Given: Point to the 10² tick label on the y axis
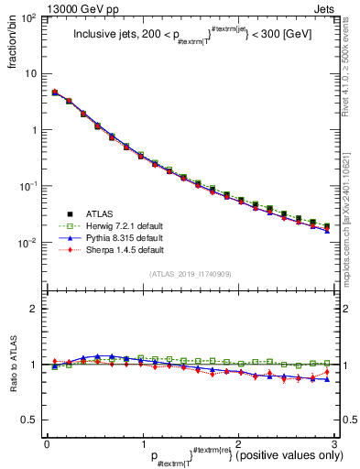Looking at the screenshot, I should click(x=29, y=18).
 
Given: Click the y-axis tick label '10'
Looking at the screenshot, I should click(x=31, y=73).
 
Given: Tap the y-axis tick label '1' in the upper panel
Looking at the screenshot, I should click(x=34, y=130).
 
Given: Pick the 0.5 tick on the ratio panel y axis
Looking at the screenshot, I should click(x=30, y=420).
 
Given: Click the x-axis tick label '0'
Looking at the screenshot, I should click(x=47, y=444).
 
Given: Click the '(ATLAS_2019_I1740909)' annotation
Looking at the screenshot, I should click(x=189, y=274).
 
